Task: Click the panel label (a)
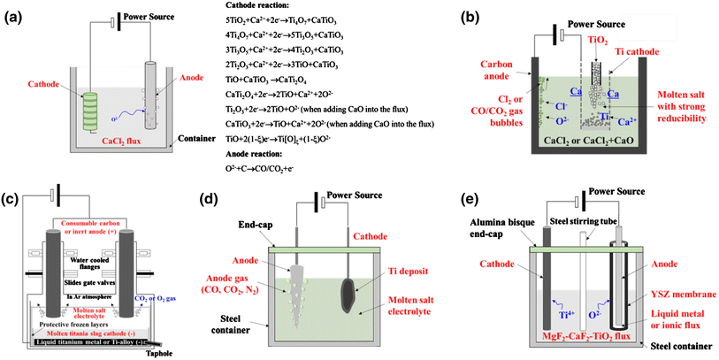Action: pyautogui.click(x=17, y=18)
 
